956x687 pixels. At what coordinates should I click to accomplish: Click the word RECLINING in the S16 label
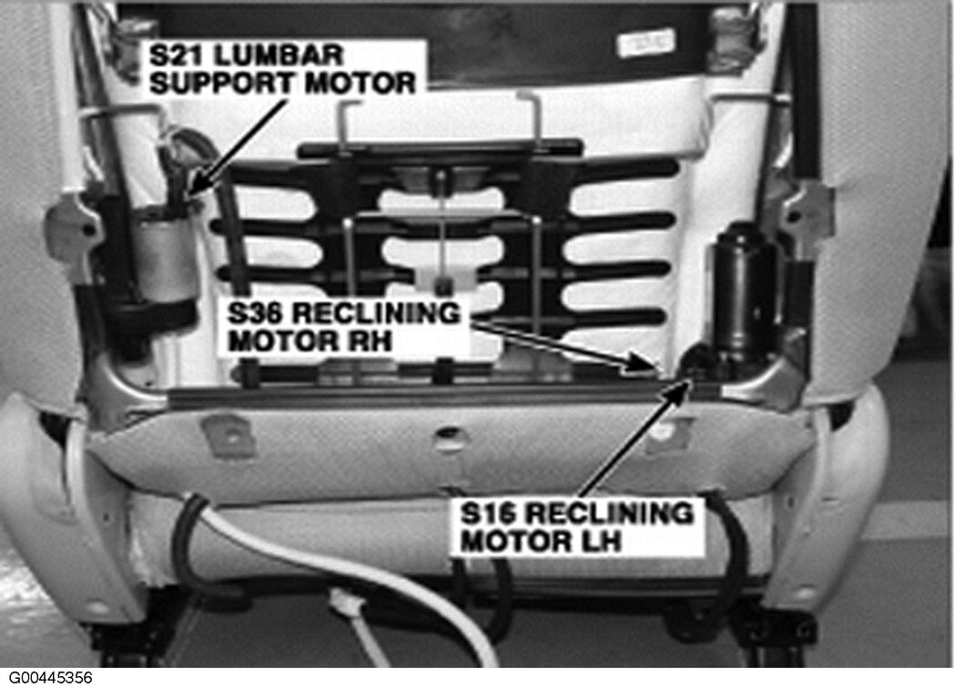[x=609, y=514]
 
